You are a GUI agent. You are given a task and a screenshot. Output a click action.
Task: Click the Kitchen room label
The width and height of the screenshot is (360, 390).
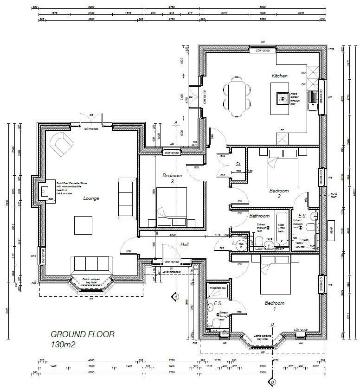280,76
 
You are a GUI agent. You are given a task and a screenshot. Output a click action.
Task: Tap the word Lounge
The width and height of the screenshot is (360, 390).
91,198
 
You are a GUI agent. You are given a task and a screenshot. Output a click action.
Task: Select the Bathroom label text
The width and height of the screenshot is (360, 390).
259,216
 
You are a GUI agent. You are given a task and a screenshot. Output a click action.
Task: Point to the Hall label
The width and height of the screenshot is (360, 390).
185,244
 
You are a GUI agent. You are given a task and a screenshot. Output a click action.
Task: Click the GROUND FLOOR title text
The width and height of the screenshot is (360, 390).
82,334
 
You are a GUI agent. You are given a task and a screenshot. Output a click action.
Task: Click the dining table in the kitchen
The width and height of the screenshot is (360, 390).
237,95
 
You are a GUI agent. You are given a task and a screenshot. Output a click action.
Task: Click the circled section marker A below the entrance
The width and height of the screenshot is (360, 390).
175,296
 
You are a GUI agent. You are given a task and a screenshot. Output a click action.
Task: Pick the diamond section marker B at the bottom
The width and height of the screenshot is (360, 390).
272,381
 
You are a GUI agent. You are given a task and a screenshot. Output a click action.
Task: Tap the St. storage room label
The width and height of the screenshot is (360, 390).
238,164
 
